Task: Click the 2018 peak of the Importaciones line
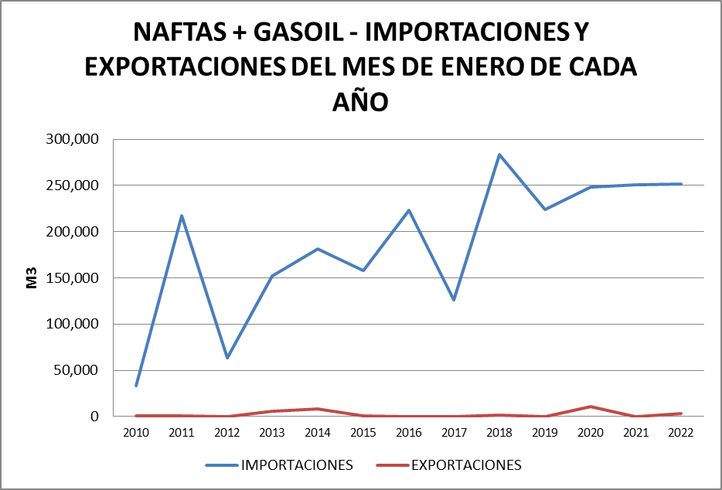[499, 155]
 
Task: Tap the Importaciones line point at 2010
[136, 386]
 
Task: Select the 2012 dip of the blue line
[227, 358]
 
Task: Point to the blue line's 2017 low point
[454, 300]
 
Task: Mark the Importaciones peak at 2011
[182, 216]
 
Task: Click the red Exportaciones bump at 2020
[591, 407]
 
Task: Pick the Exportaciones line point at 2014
[318, 409]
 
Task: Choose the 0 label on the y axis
[95, 417]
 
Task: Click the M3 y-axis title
[32, 278]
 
